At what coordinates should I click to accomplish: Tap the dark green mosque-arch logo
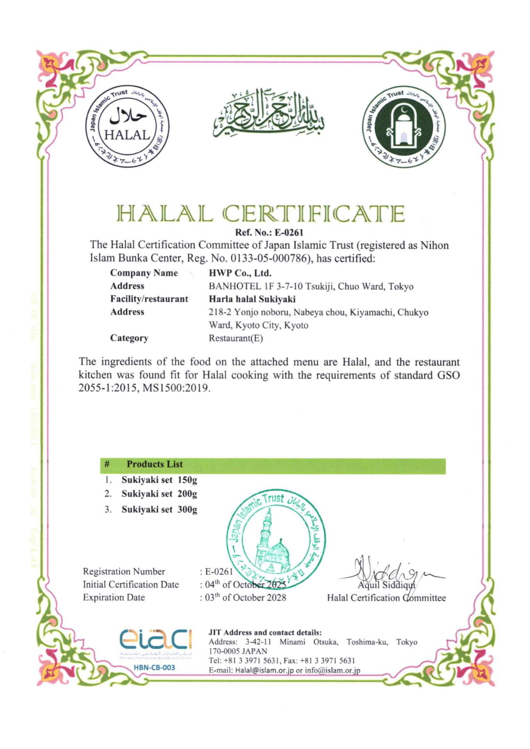(x=404, y=127)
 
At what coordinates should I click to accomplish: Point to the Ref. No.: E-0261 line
(x=269, y=233)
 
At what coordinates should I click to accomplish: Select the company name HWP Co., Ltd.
(x=240, y=273)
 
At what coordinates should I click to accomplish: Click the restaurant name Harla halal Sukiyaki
(x=252, y=299)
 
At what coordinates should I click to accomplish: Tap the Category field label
(x=129, y=338)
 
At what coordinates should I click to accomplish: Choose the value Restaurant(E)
(x=236, y=338)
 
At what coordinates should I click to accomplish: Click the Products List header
(x=154, y=464)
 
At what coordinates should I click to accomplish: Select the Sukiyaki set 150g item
(x=159, y=480)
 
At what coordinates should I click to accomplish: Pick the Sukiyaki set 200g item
(x=159, y=494)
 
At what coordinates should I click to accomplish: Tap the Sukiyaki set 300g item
(x=159, y=509)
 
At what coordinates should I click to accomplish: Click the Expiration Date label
(x=114, y=598)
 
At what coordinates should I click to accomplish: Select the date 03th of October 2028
(x=245, y=598)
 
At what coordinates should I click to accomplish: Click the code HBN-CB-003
(x=154, y=667)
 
